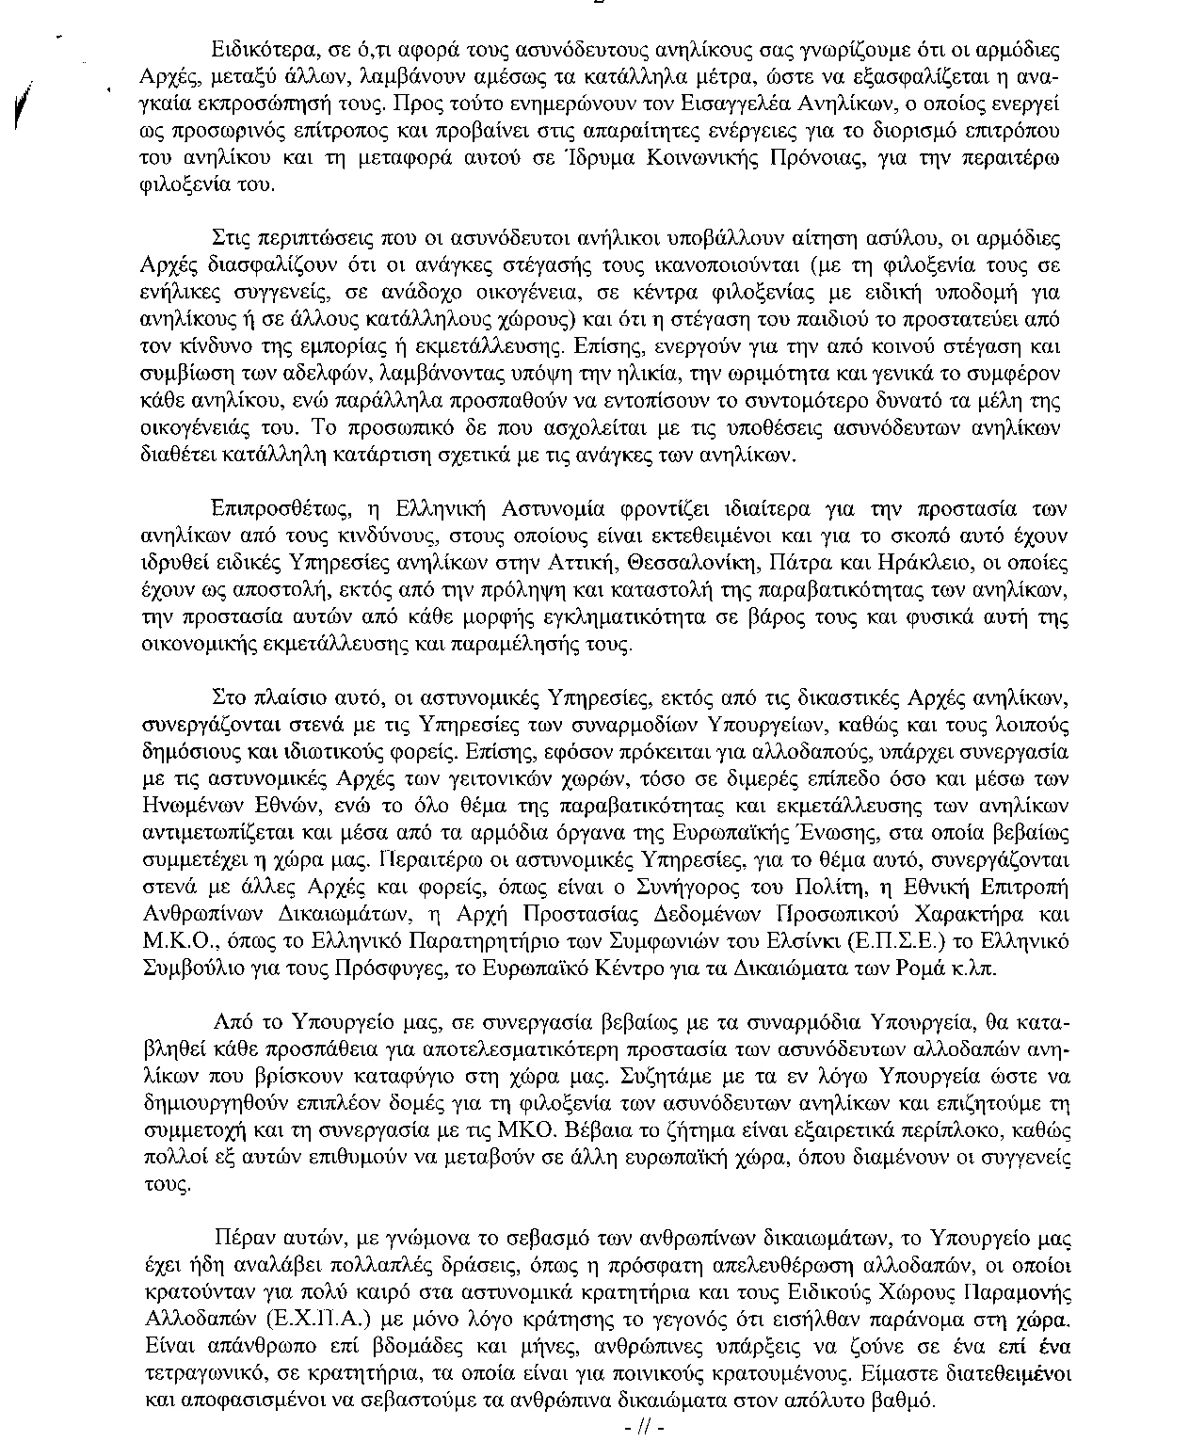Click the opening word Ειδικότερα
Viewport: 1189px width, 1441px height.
(257, 49)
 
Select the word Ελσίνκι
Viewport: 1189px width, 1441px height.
(812, 941)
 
